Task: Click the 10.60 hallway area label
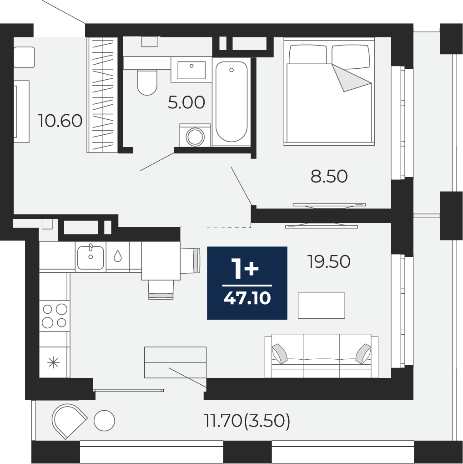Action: click(60, 121)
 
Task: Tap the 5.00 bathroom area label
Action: click(186, 102)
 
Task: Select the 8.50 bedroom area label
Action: click(329, 176)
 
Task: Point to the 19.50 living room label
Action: click(329, 261)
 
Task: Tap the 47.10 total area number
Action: click(247, 298)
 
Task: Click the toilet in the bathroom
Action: click(147, 82)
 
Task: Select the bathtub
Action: click(231, 102)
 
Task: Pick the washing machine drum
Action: click(195, 137)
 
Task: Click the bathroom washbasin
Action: click(191, 70)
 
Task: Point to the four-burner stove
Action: click(55, 316)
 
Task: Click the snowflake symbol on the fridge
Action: click(54, 362)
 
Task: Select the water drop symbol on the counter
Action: click(118, 256)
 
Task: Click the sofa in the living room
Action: click(322, 356)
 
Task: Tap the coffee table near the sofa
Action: click(322, 306)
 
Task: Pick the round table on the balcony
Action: click(104, 420)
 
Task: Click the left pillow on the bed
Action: click(308, 55)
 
